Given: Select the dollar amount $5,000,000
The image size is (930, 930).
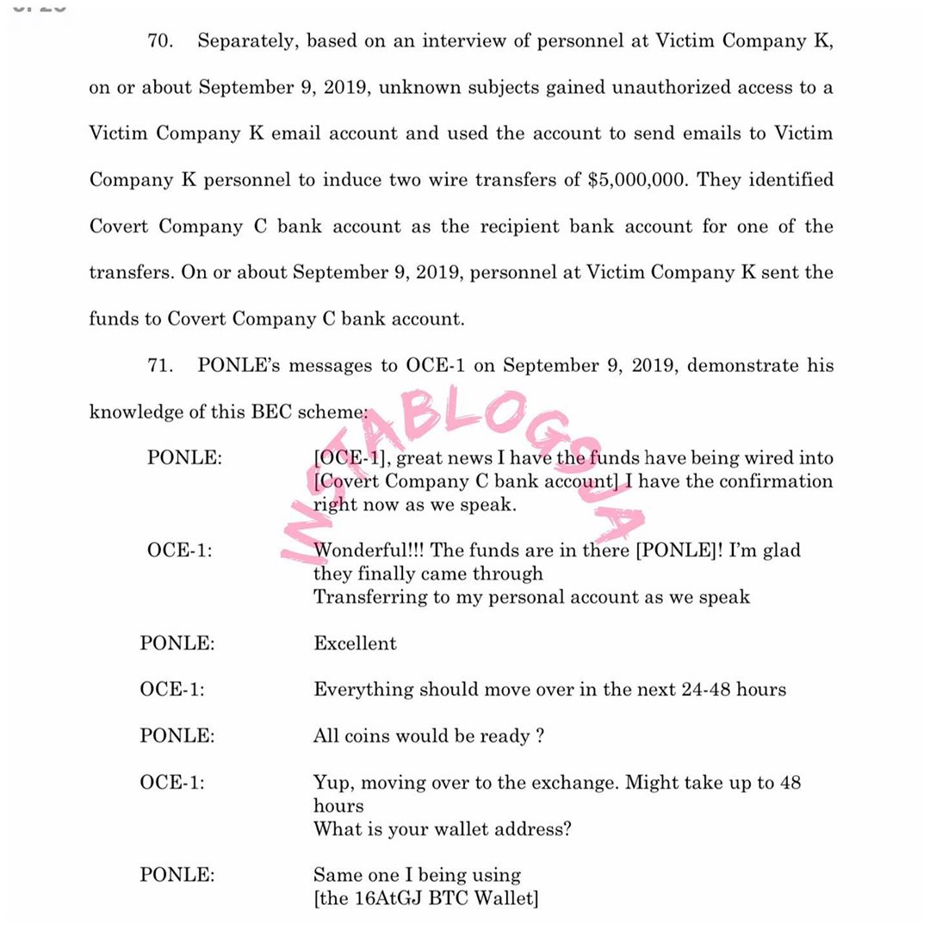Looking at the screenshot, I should (638, 180).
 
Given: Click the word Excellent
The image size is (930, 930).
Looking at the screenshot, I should (355, 644).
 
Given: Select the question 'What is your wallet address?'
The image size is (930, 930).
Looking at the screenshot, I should (443, 830).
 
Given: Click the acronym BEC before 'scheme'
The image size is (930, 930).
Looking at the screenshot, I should (272, 412).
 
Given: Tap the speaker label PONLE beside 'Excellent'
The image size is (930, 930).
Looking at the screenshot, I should (177, 644).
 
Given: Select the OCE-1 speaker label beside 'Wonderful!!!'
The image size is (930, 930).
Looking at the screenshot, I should (179, 550).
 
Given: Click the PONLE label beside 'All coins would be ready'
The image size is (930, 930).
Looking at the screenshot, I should (177, 736).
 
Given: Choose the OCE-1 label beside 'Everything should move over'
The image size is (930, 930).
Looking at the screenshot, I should (172, 690).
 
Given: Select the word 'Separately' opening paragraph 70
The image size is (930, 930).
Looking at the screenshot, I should (247, 41).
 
